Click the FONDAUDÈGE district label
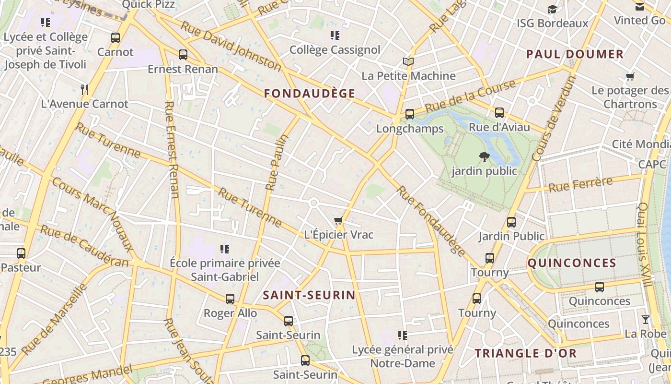click(x=310, y=94)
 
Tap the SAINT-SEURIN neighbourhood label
click(x=309, y=295)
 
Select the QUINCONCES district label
click(x=572, y=263)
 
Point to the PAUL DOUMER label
click(x=575, y=54)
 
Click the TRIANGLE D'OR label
click(x=525, y=354)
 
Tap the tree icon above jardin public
click(x=485, y=156)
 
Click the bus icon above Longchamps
click(x=409, y=114)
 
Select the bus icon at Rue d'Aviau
click(x=499, y=113)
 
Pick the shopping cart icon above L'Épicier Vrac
click(x=338, y=221)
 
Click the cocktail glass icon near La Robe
click(x=646, y=319)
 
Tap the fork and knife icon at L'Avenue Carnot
click(x=85, y=89)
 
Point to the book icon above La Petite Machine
click(x=408, y=61)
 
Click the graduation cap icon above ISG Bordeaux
click(x=552, y=9)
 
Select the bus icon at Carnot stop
click(x=115, y=37)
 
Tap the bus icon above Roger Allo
click(x=230, y=299)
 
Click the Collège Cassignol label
click(x=335, y=50)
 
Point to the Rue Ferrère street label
click(x=580, y=184)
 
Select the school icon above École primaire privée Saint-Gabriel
click(x=225, y=249)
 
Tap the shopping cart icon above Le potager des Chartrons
click(x=630, y=76)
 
